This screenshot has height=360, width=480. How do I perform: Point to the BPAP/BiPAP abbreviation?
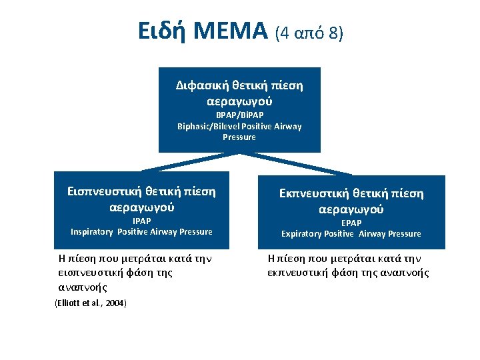coord(239,115)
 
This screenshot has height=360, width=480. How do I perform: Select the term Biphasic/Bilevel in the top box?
coord(205,126)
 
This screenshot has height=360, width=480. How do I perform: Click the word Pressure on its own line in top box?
coord(239,137)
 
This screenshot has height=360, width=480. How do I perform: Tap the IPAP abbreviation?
coord(141,221)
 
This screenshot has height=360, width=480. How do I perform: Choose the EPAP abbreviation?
coord(351,223)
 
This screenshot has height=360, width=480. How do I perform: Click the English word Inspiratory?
coord(93,232)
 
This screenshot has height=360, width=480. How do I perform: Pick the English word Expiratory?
coord(303,234)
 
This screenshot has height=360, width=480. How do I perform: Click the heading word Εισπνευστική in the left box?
coord(106,192)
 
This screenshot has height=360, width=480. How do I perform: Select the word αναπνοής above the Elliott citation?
coord(83,288)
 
